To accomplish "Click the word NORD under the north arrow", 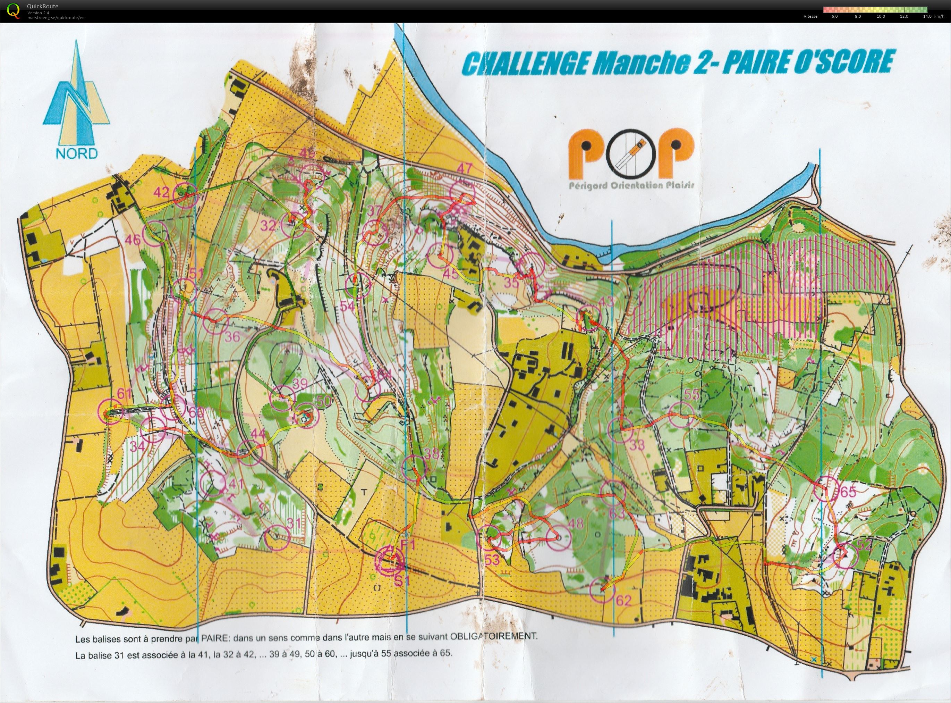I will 77,153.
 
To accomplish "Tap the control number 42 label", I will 161,192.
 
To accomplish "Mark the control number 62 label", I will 623,601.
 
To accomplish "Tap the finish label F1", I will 407,544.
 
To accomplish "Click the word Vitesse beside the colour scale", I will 810,17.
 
